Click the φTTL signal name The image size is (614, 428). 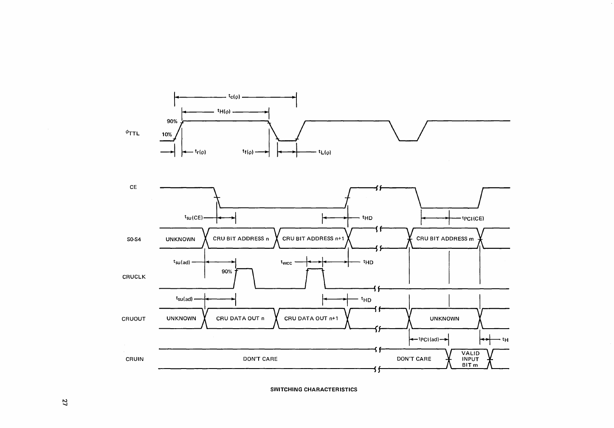(x=132, y=133)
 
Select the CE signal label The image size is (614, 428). (x=133, y=187)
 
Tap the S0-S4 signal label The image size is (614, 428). (x=134, y=239)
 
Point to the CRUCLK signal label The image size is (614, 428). (x=134, y=277)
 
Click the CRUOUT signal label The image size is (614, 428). (x=133, y=319)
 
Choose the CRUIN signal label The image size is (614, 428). (x=135, y=359)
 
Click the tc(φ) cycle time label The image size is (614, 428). (x=234, y=97)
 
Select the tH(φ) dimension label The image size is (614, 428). (x=223, y=112)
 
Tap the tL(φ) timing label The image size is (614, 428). (x=324, y=152)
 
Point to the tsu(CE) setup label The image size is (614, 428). (x=194, y=218)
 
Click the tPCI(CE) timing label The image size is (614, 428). (x=473, y=219)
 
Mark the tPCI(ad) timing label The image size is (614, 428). (x=428, y=339)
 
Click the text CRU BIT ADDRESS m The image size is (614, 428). (x=445, y=239)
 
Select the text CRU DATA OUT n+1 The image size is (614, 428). (x=311, y=318)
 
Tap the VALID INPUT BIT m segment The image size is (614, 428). (x=470, y=359)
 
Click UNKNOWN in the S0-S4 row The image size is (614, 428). (x=180, y=239)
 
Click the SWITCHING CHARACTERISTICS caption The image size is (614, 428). (x=314, y=389)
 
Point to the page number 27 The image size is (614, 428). (x=65, y=403)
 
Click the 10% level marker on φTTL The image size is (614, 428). (x=166, y=135)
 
